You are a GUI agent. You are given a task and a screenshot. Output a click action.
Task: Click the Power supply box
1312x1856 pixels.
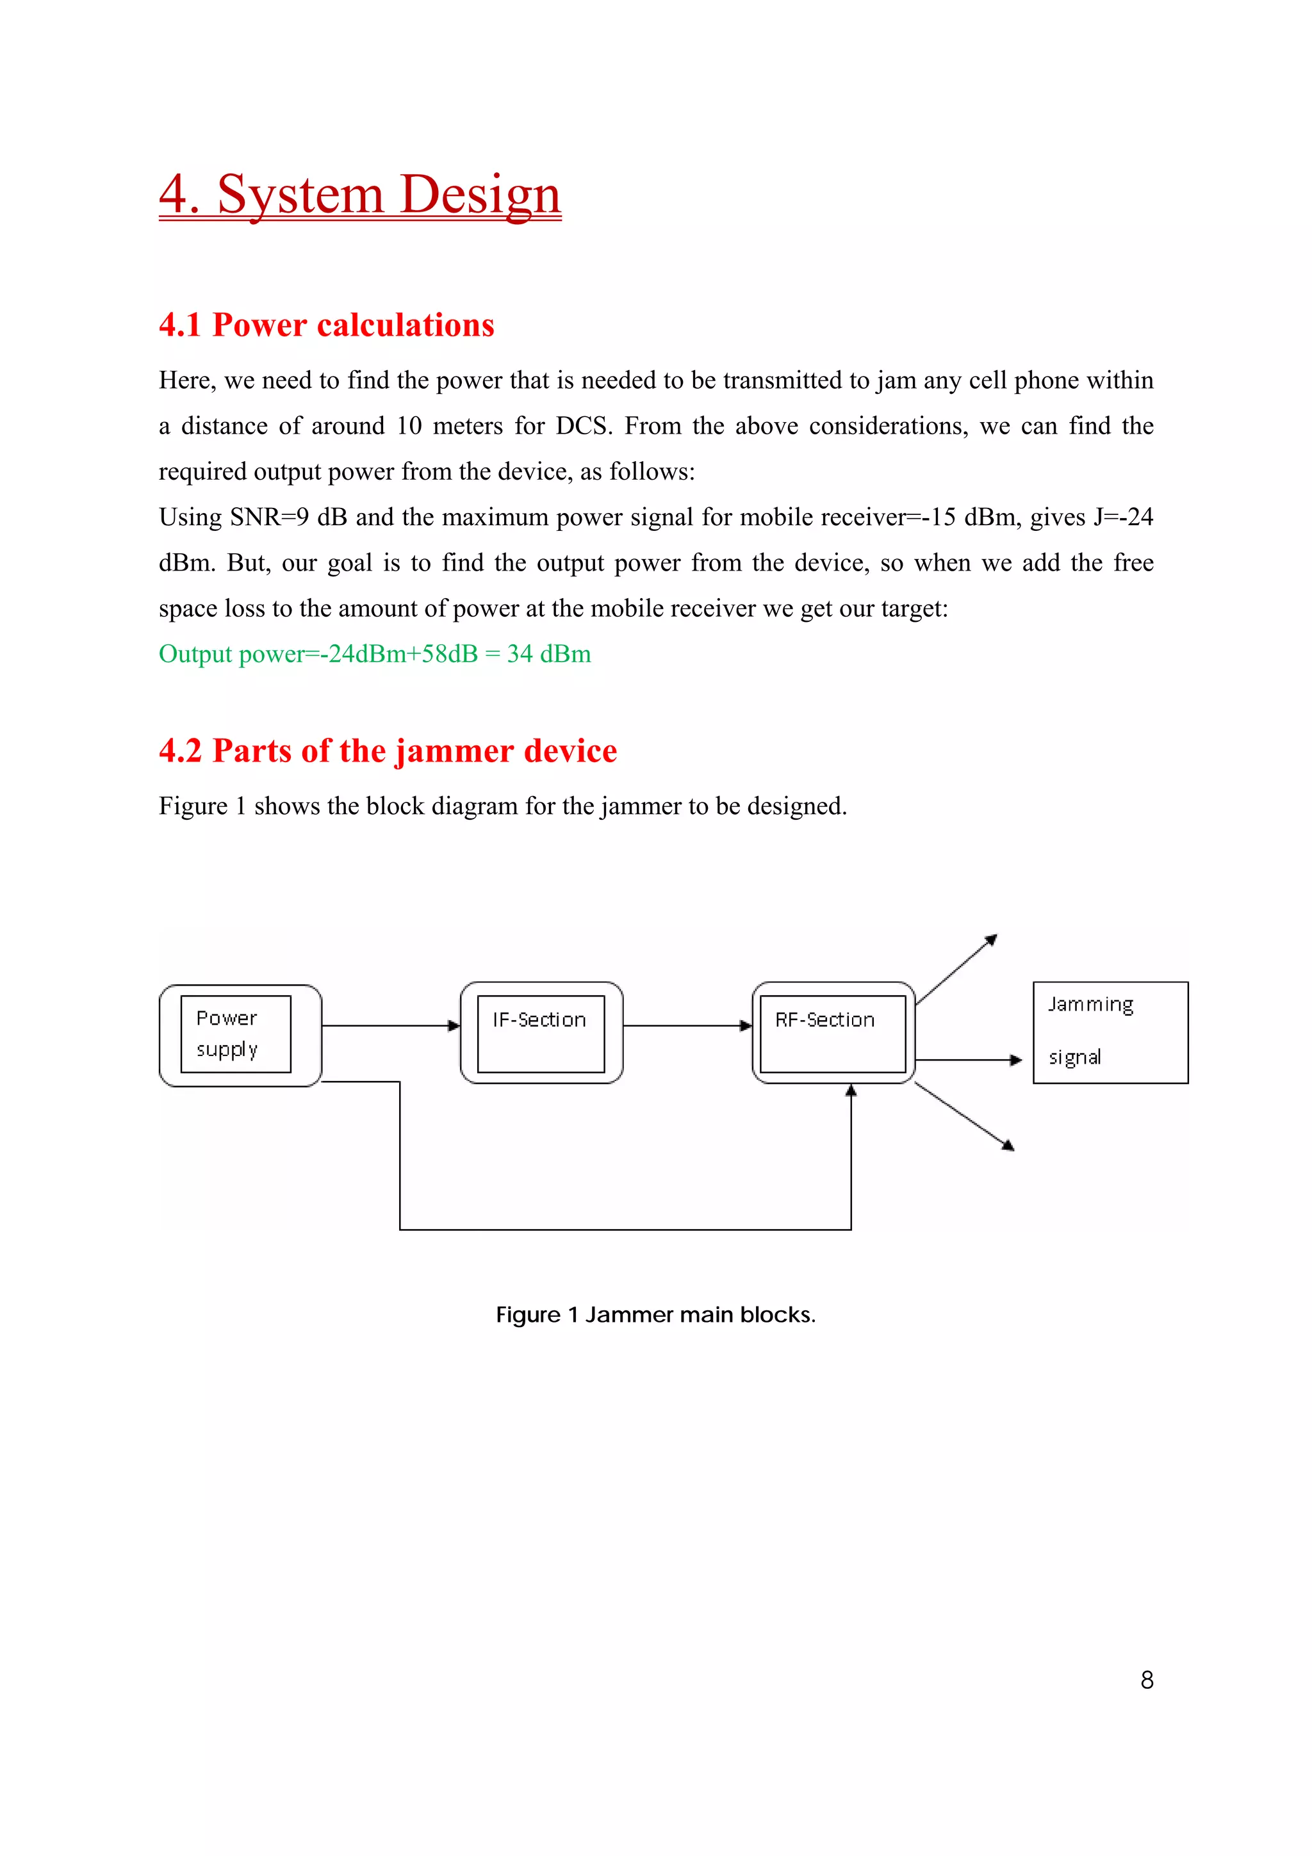tap(240, 1035)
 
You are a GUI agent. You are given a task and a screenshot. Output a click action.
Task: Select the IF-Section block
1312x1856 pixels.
tap(541, 1033)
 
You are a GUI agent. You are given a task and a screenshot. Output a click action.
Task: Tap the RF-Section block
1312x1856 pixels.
tap(833, 1033)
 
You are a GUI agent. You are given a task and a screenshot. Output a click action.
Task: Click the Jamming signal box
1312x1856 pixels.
tap(1110, 1032)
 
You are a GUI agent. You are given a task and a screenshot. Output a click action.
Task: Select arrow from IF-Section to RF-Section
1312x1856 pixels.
tap(687, 1026)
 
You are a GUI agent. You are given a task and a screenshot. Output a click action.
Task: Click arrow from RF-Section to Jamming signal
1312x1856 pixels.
tap(969, 1060)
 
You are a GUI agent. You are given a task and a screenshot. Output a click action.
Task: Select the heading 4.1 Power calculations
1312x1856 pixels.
tap(327, 325)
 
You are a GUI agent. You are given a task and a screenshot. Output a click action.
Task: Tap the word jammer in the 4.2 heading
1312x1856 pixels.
tap(455, 751)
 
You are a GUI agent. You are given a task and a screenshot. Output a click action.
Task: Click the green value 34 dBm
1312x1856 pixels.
tap(549, 654)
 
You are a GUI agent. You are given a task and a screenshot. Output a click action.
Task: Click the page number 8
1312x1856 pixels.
tap(1146, 1680)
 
